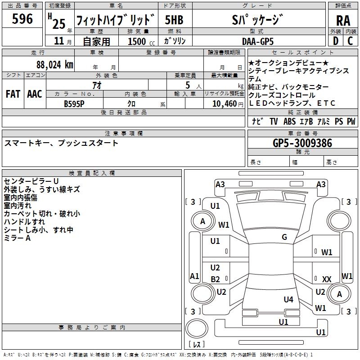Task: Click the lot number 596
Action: pyautogui.click(x=22, y=19)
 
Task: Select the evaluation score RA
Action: pyautogui.click(x=343, y=20)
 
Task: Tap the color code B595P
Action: pyautogui.click(x=74, y=103)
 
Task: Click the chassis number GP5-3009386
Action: pyautogui.click(x=302, y=143)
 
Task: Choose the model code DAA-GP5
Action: pyautogui.click(x=257, y=41)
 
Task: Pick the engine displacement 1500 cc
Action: pyautogui.click(x=140, y=41)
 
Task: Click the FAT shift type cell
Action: pyautogui.click(x=13, y=94)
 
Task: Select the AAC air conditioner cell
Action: pyautogui.click(x=35, y=94)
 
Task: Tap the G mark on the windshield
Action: pyautogui.click(x=284, y=237)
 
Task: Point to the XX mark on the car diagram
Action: pyautogui.click(x=327, y=279)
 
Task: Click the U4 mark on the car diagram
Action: pyautogui.click(x=288, y=299)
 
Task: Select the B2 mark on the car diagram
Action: pyautogui.click(x=216, y=279)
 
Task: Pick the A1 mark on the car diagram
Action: pyautogui.click(x=194, y=276)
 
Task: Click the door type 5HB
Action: pyautogui.click(x=174, y=20)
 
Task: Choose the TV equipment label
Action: pyautogui.click(x=274, y=121)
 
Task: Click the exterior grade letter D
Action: pyautogui.click(x=335, y=41)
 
